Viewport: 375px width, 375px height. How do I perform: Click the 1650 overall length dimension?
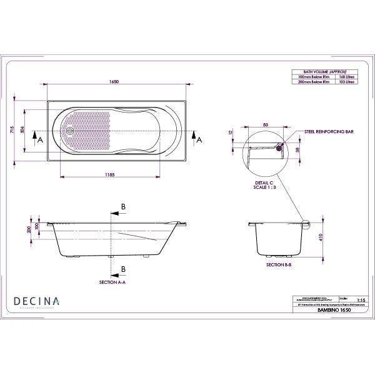pyautogui.click(x=114, y=81)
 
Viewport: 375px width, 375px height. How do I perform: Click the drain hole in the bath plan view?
pyautogui.click(x=72, y=131)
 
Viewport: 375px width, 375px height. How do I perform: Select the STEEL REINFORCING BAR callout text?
pyautogui.click(x=329, y=132)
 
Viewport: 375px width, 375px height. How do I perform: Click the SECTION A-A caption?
pyautogui.click(x=113, y=282)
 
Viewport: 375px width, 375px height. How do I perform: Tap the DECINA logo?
pyautogui.click(x=37, y=301)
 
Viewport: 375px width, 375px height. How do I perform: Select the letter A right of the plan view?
pyautogui.click(x=199, y=141)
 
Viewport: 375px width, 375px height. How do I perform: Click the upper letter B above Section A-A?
pyautogui.click(x=123, y=206)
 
